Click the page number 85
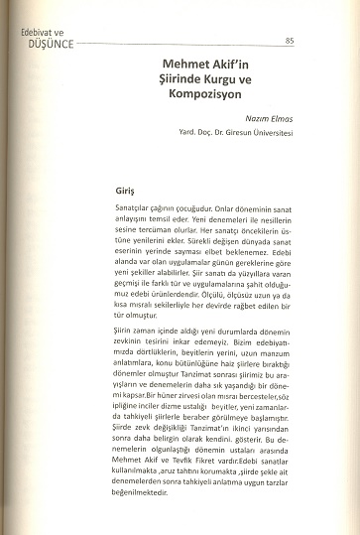click(x=289, y=41)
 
